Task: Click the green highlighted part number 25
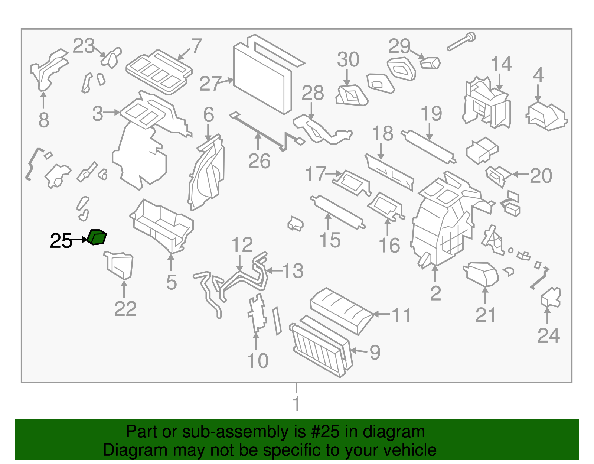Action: coord(97,237)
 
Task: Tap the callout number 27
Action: coord(210,84)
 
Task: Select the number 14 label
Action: coord(501,64)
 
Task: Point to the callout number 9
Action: coord(375,352)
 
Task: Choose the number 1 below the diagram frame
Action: coord(296,404)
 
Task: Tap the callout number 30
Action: coord(348,59)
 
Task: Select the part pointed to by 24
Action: coord(551,298)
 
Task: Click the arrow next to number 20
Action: coord(520,174)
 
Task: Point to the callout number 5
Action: coord(171,282)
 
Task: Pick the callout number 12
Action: coord(242,245)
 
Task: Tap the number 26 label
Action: coord(259,161)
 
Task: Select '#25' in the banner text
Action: coord(322,432)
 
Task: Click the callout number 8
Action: coord(44,120)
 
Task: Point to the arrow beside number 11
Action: coord(381,314)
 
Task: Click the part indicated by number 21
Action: coord(481,274)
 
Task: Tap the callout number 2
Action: coord(435,293)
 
